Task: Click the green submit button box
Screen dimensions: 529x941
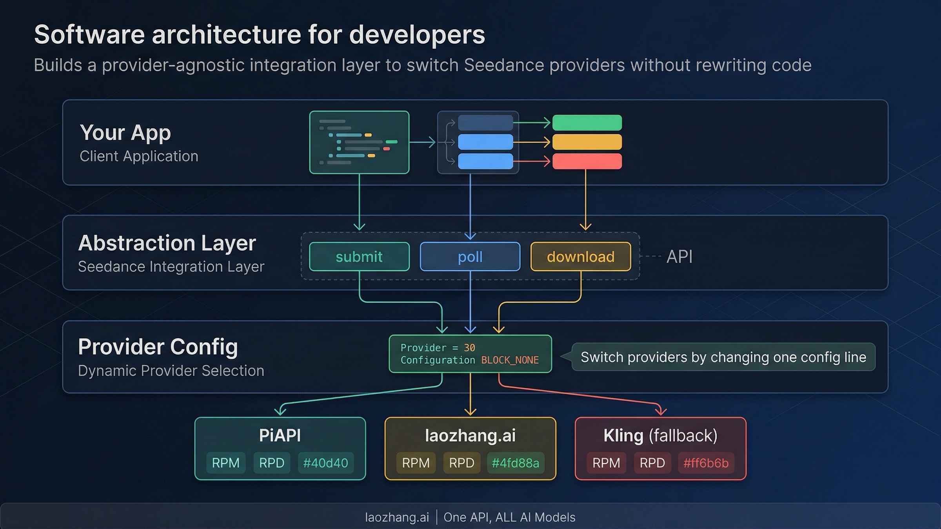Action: coord(359,257)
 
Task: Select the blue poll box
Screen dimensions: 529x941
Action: coord(470,257)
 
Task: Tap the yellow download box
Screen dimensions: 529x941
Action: coord(581,257)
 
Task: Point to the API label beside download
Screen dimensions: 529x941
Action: coord(679,257)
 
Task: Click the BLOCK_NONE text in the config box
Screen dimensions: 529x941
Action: coord(510,360)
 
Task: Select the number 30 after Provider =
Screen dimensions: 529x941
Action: coord(469,348)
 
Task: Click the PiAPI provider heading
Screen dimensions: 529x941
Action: coord(280,435)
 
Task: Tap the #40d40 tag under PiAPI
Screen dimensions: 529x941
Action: coord(325,463)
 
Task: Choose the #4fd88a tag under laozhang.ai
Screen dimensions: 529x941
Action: coord(515,463)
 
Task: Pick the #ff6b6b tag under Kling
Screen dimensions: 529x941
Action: coord(706,463)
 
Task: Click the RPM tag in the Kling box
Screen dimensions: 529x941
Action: coord(606,463)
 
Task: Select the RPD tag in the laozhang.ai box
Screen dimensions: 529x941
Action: coord(461,463)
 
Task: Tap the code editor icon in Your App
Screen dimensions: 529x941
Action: coord(359,142)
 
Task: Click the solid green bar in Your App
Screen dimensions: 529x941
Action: coord(587,123)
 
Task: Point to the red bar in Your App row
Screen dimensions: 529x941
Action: coord(587,161)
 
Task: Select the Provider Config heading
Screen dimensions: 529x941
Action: coord(158,347)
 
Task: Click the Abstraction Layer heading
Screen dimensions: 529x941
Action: coord(167,243)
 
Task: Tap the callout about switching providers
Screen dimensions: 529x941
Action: coord(723,357)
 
